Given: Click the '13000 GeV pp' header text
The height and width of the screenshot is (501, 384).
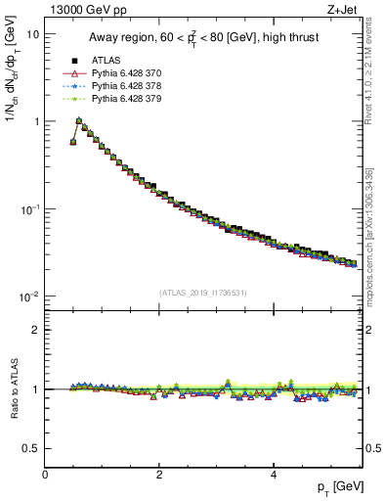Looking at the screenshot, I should [93, 10].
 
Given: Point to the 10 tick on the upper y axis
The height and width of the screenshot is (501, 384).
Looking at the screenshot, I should [32, 33].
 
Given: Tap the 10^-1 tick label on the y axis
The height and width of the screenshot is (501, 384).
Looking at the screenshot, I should [30, 208].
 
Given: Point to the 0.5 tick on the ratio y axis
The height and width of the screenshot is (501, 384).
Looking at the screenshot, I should [31, 448].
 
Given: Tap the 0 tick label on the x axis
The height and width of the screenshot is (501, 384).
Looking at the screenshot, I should [45, 475].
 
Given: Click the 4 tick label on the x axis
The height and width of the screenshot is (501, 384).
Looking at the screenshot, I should [274, 475].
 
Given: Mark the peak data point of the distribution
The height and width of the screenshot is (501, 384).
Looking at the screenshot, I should [79, 121].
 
